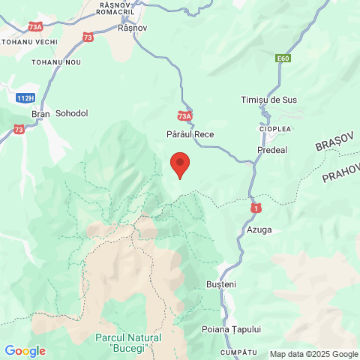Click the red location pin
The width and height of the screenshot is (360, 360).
point(179,163)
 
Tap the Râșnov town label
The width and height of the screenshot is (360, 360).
point(133,28)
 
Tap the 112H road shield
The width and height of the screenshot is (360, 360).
point(25,97)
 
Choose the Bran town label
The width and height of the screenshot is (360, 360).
point(40,114)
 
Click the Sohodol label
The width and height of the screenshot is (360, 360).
point(72,113)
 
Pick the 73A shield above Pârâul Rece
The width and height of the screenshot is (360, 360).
point(185,116)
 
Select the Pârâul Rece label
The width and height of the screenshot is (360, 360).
point(190,132)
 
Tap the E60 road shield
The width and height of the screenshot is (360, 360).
point(282,58)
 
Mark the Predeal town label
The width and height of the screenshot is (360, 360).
point(271,150)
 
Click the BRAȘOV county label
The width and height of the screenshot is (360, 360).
point(334,145)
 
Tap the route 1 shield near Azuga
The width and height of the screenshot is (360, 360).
point(256,206)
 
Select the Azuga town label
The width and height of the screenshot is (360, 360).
point(259,229)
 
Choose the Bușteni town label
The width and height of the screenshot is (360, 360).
point(221,284)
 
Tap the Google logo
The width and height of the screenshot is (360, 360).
point(25,351)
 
